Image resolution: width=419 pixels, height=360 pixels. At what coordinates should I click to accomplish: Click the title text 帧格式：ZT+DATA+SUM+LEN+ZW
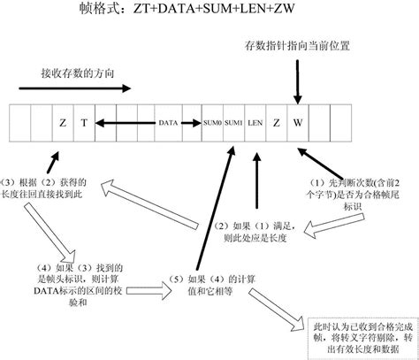tap(211, 13)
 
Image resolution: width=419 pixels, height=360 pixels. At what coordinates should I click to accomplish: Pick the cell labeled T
tap(83, 122)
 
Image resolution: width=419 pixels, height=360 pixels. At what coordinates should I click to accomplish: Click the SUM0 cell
tap(211, 122)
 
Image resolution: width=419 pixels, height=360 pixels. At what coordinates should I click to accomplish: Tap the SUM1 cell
tap(232, 122)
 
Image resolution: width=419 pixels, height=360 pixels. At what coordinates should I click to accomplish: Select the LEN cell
tap(255, 122)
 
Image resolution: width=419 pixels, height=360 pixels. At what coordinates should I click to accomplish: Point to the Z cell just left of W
tap(276, 122)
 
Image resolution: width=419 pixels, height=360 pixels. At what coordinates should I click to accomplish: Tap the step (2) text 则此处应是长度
tap(253, 234)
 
